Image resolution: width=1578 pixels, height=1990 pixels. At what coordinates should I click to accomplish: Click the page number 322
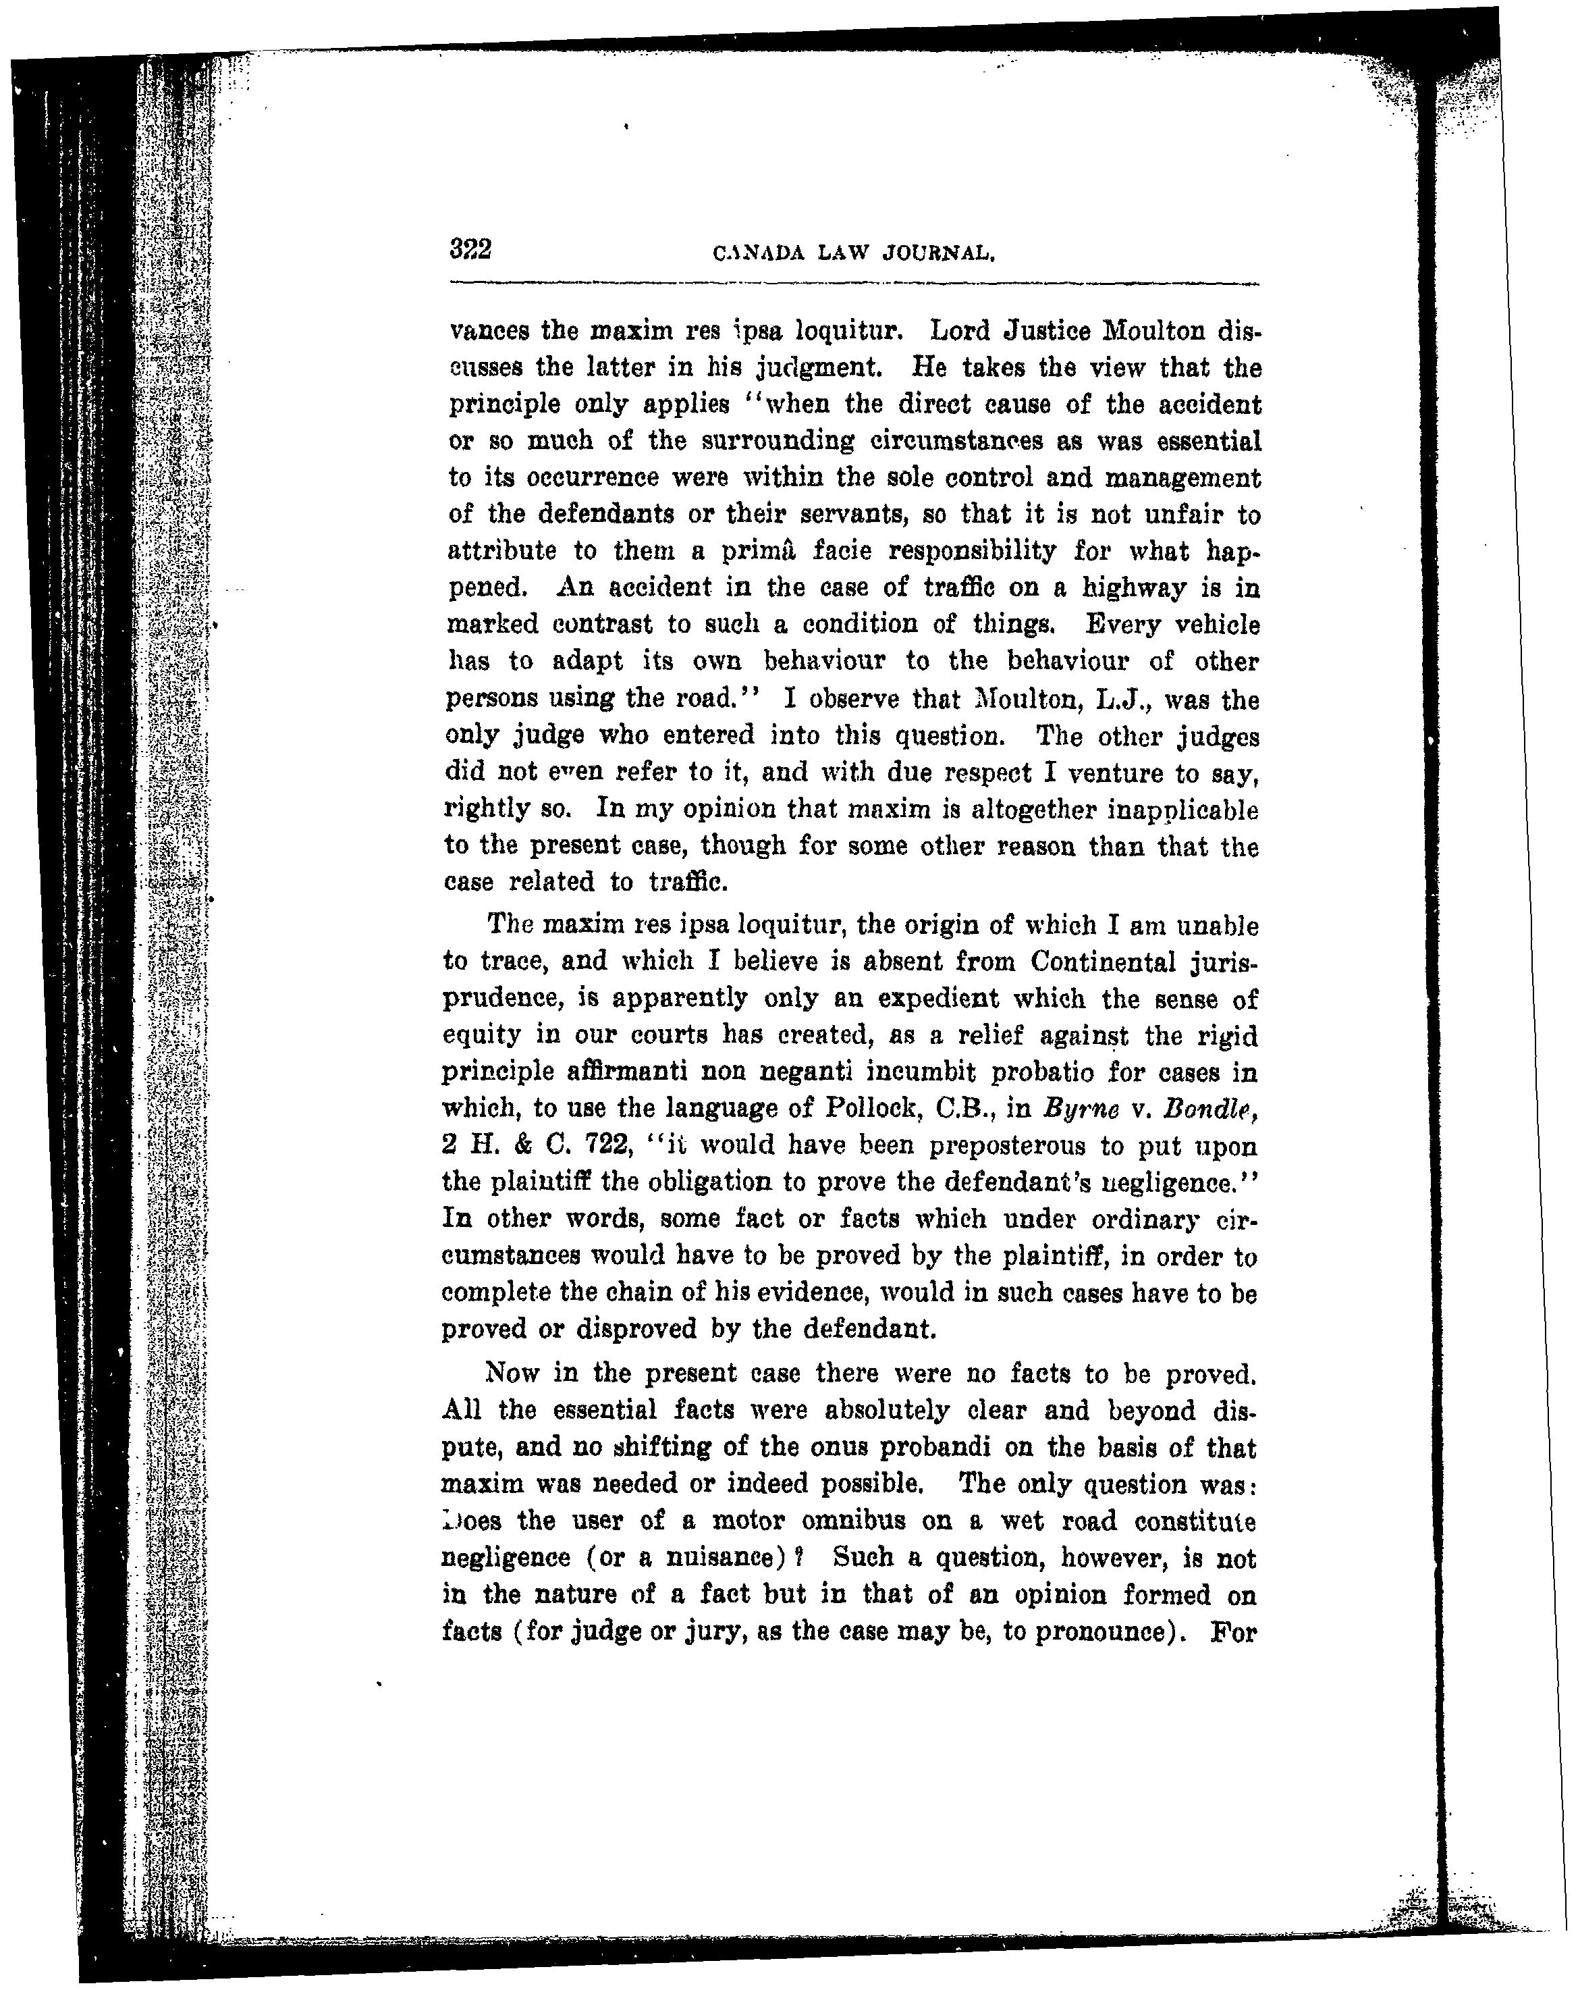(x=470, y=249)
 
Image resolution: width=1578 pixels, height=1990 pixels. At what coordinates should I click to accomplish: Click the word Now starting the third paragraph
(x=512, y=1373)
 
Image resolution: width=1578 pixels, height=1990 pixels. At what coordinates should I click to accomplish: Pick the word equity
(x=481, y=1036)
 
